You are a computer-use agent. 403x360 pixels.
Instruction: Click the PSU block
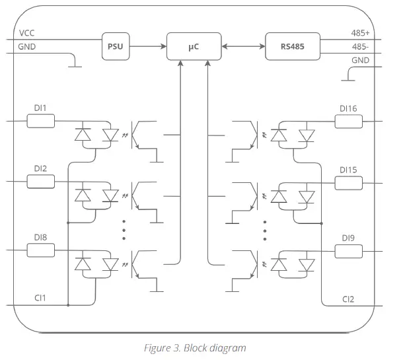[x=116, y=46]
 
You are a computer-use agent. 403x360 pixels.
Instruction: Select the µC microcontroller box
[x=194, y=46]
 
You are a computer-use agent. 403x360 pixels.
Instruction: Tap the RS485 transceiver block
[x=293, y=46]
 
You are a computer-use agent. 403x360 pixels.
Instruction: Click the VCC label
[x=26, y=33]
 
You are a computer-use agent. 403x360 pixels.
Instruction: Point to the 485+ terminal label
[x=360, y=33]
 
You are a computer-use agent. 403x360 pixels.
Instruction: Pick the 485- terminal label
[x=360, y=47]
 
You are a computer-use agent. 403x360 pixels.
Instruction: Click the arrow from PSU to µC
[x=148, y=46]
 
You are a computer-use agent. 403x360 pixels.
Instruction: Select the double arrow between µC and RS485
[x=243, y=46]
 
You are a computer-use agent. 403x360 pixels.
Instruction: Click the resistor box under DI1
[x=41, y=121]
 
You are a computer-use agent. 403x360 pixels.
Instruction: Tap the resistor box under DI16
[x=349, y=122]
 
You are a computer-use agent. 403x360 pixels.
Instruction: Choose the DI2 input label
[x=40, y=168]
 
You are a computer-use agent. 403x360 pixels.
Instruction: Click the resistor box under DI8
[x=41, y=250]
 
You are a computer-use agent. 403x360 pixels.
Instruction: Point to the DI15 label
[x=348, y=170]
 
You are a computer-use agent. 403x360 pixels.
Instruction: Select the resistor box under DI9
[x=349, y=251]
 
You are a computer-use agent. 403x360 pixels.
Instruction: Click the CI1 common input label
[x=40, y=298]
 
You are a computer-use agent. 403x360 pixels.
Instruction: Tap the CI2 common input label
[x=348, y=299]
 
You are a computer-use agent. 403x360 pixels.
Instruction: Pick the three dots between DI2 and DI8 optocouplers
[x=124, y=230]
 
